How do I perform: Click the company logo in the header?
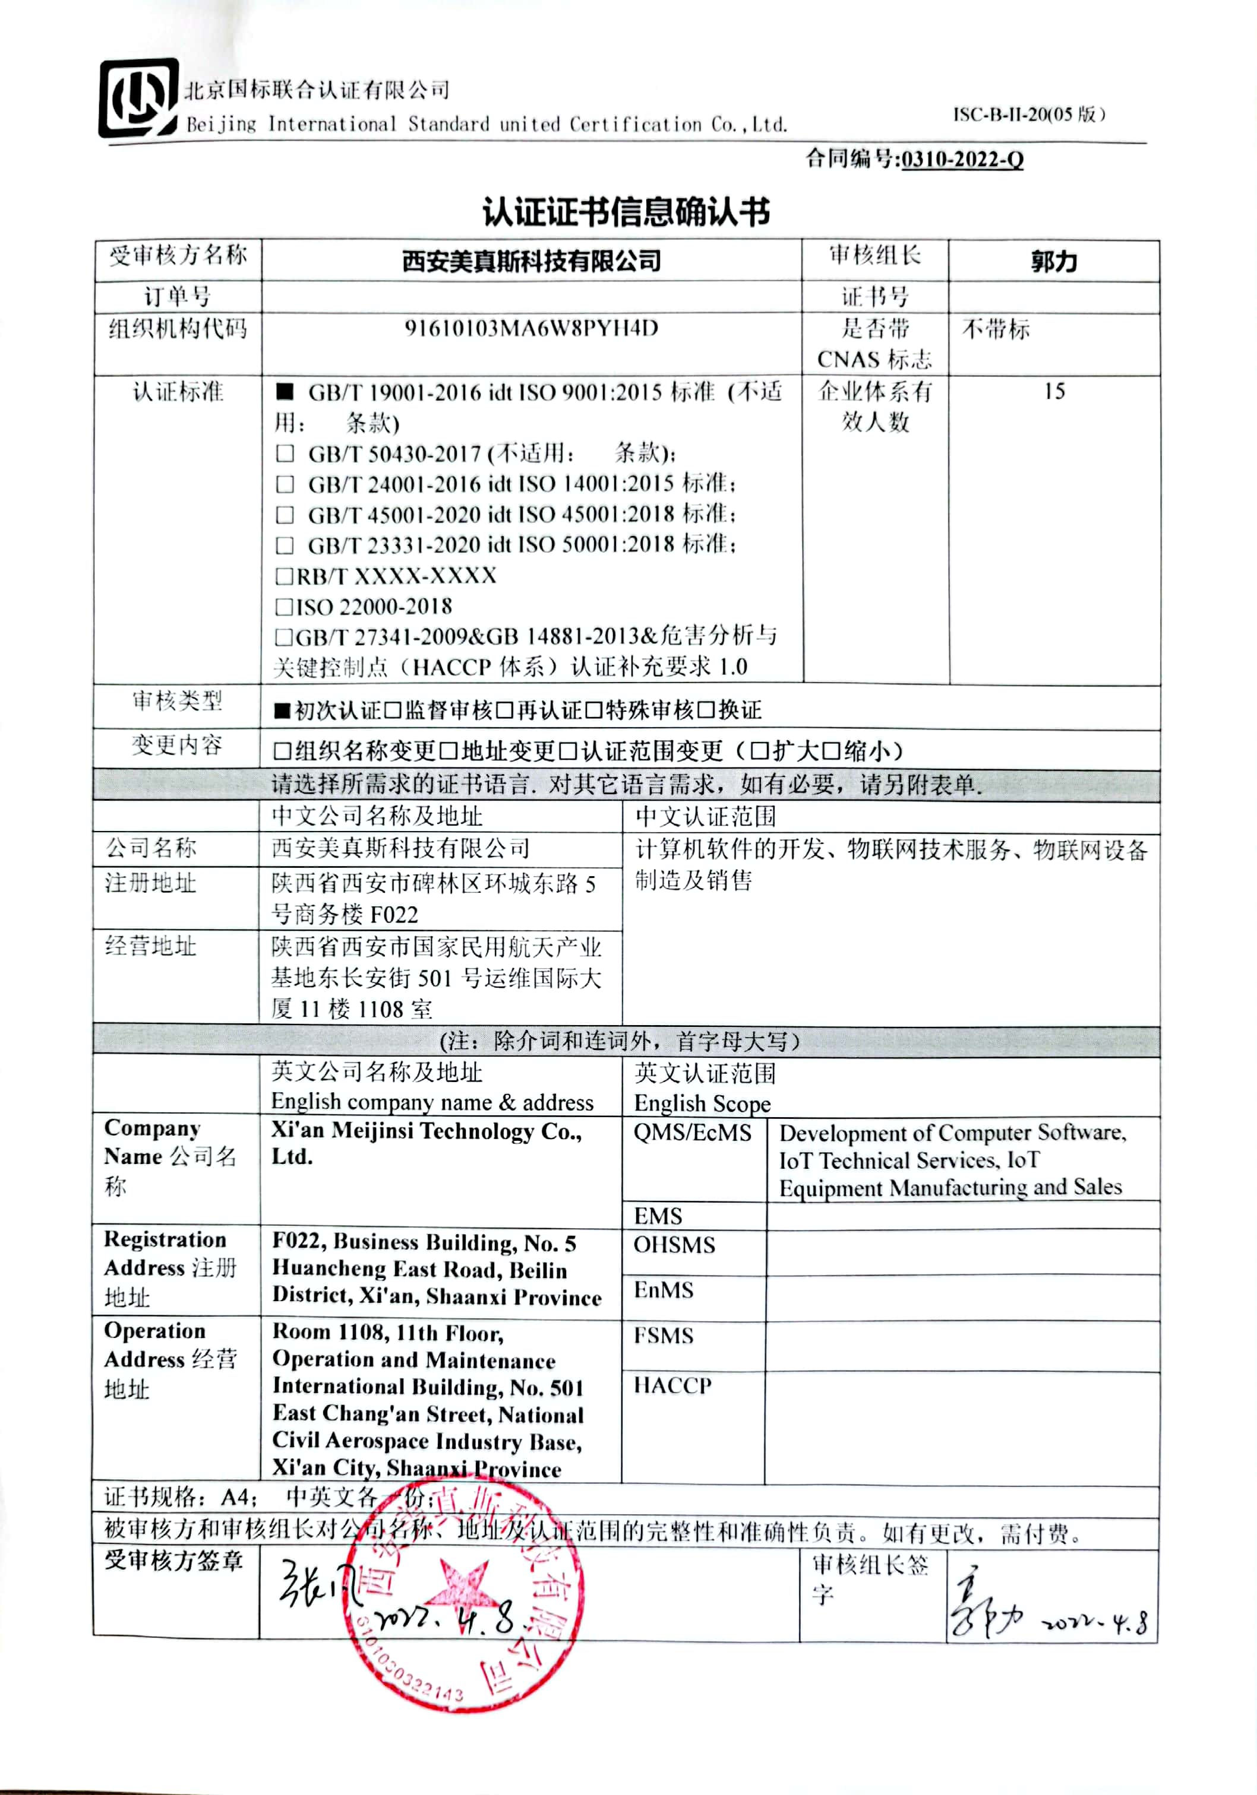tap(138, 98)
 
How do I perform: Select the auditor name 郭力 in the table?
tap(1054, 261)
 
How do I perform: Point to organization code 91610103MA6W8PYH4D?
tap(531, 328)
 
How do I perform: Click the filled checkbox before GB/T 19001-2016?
tap(285, 392)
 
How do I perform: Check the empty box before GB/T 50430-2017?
tap(285, 453)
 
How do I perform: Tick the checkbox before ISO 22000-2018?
tap(284, 606)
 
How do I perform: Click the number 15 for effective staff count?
tap(1054, 391)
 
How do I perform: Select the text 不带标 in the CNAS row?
tap(995, 329)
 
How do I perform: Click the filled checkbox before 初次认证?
tap(282, 711)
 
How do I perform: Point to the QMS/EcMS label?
tap(692, 1133)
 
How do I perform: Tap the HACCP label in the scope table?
tap(672, 1386)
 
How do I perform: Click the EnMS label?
tap(664, 1290)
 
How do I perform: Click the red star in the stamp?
tap(463, 1587)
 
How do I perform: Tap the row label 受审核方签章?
tap(173, 1561)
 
